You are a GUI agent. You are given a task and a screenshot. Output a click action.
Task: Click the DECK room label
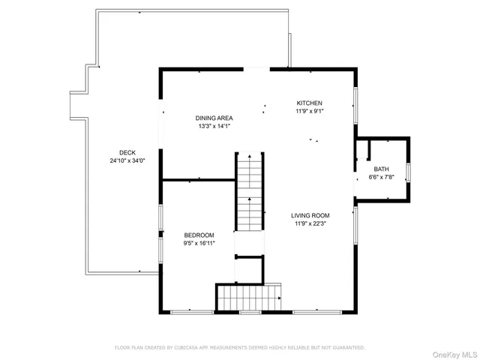pos(115,152)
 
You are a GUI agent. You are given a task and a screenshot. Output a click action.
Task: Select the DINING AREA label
pos(214,118)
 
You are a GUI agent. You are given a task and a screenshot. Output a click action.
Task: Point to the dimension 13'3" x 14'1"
pos(214,127)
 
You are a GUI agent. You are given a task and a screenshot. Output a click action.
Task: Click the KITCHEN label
pos(309,103)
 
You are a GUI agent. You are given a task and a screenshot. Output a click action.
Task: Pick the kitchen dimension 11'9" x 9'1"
pos(309,111)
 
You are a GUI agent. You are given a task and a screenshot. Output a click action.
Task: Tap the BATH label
pos(381,169)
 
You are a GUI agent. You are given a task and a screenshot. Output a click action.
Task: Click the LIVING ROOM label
pos(310,214)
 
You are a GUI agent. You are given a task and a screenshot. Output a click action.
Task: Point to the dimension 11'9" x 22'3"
pos(310,223)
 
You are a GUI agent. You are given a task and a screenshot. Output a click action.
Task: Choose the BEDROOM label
pos(199,235)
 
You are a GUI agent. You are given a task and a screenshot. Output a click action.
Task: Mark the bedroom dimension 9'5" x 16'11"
pos(199,243)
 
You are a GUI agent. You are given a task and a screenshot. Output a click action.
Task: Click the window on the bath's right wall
pos(409,171)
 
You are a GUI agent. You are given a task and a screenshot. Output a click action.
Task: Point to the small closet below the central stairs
pos(249,268)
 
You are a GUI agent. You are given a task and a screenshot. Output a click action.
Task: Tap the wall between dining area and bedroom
pos(199,180)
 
